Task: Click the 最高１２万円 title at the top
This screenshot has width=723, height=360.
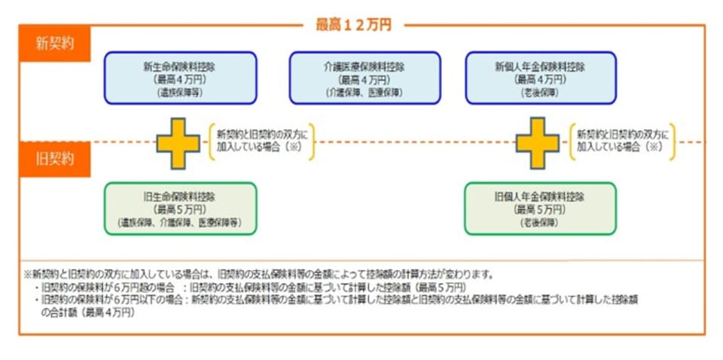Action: click(353, 25)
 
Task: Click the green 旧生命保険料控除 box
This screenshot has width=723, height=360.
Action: click(180, 209)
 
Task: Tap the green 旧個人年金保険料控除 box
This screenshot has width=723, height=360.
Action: click(540, 209)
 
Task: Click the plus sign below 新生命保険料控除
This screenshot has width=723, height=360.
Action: click(178, 142)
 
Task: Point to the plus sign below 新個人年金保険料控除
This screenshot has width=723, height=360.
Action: click(537, 142)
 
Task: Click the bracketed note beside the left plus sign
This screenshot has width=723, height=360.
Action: click(261, 141)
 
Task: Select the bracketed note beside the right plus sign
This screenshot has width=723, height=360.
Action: click(621, 141)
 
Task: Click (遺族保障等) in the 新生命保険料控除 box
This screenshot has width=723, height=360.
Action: click(180, 92)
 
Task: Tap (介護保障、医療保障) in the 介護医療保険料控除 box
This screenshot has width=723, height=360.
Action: click(365, 92)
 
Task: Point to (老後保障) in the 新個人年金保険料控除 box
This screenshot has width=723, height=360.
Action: click(540, 92)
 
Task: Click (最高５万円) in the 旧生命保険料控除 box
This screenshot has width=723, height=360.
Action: click(180, 209)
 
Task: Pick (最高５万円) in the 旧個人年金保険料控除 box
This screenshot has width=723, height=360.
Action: click(540, 209)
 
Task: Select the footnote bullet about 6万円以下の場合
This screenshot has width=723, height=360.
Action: click(339, 300)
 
